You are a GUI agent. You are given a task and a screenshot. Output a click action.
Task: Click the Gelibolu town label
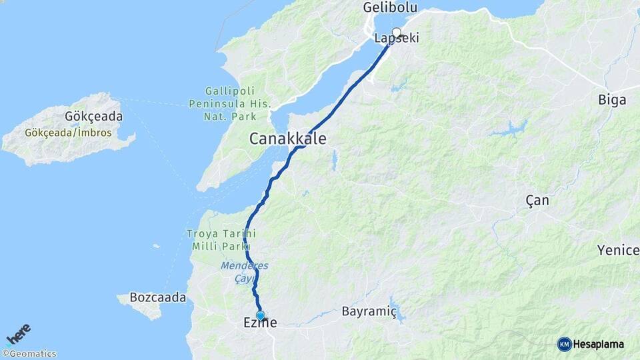point(390,8)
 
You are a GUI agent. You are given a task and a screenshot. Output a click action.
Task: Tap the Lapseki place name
point(397,39)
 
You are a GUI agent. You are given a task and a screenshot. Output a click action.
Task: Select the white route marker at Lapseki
point(397,33)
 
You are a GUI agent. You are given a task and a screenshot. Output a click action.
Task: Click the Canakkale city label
point(288,139)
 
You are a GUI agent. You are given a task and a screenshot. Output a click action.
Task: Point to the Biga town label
point(612,101)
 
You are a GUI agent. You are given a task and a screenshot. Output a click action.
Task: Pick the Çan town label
point(537,200)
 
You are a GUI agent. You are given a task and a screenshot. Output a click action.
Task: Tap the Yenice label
point(618,250)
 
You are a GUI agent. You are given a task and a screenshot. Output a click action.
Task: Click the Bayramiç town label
point(369,311)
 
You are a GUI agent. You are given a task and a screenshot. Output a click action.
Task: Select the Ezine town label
point(260,324)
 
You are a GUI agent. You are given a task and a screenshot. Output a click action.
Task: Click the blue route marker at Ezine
point(260,315)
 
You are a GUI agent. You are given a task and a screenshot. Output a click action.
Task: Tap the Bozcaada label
point(158,297)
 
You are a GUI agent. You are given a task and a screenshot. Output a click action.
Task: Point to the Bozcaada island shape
point(143,308)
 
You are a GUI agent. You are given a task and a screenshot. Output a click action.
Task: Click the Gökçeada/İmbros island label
point(68,133)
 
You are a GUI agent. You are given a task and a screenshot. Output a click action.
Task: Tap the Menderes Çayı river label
point(244,272)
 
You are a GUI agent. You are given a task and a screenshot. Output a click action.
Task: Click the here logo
point(19,334)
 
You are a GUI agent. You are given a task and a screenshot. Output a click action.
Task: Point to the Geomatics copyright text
point(29,354)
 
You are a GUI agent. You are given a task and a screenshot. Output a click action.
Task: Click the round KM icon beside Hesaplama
point(564,344)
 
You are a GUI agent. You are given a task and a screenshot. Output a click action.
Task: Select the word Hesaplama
point(599,344)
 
